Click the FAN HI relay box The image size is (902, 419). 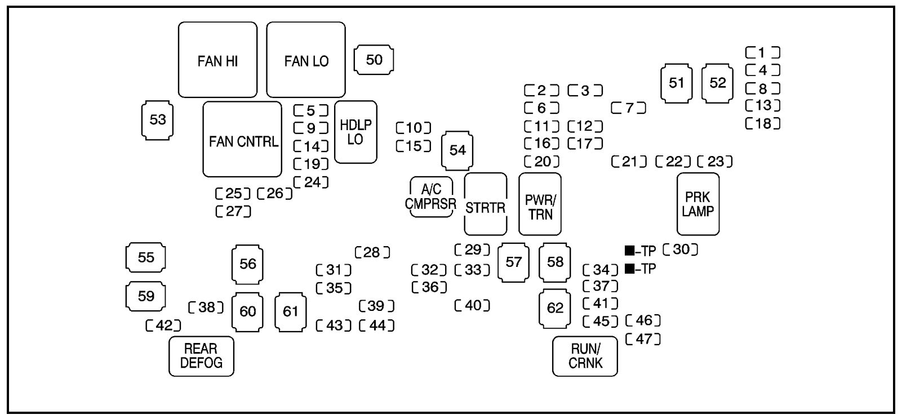217,60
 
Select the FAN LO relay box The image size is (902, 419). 306,60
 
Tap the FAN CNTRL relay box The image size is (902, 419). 242,140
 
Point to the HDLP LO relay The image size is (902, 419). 356,132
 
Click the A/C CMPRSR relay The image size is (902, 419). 431,197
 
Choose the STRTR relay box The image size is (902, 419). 485,204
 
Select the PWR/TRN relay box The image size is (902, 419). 540,204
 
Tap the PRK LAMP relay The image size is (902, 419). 697,204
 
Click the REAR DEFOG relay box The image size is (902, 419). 201,356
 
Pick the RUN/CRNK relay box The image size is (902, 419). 585,356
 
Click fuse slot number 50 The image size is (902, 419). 374,60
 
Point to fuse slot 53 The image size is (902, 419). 157,119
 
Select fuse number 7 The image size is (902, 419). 629,108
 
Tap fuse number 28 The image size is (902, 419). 372,252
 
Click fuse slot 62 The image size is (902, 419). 555,308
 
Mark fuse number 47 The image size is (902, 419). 643,339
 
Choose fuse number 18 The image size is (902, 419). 763,123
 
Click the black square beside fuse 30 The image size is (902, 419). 629,251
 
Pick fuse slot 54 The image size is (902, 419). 457,150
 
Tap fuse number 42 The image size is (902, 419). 163,325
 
